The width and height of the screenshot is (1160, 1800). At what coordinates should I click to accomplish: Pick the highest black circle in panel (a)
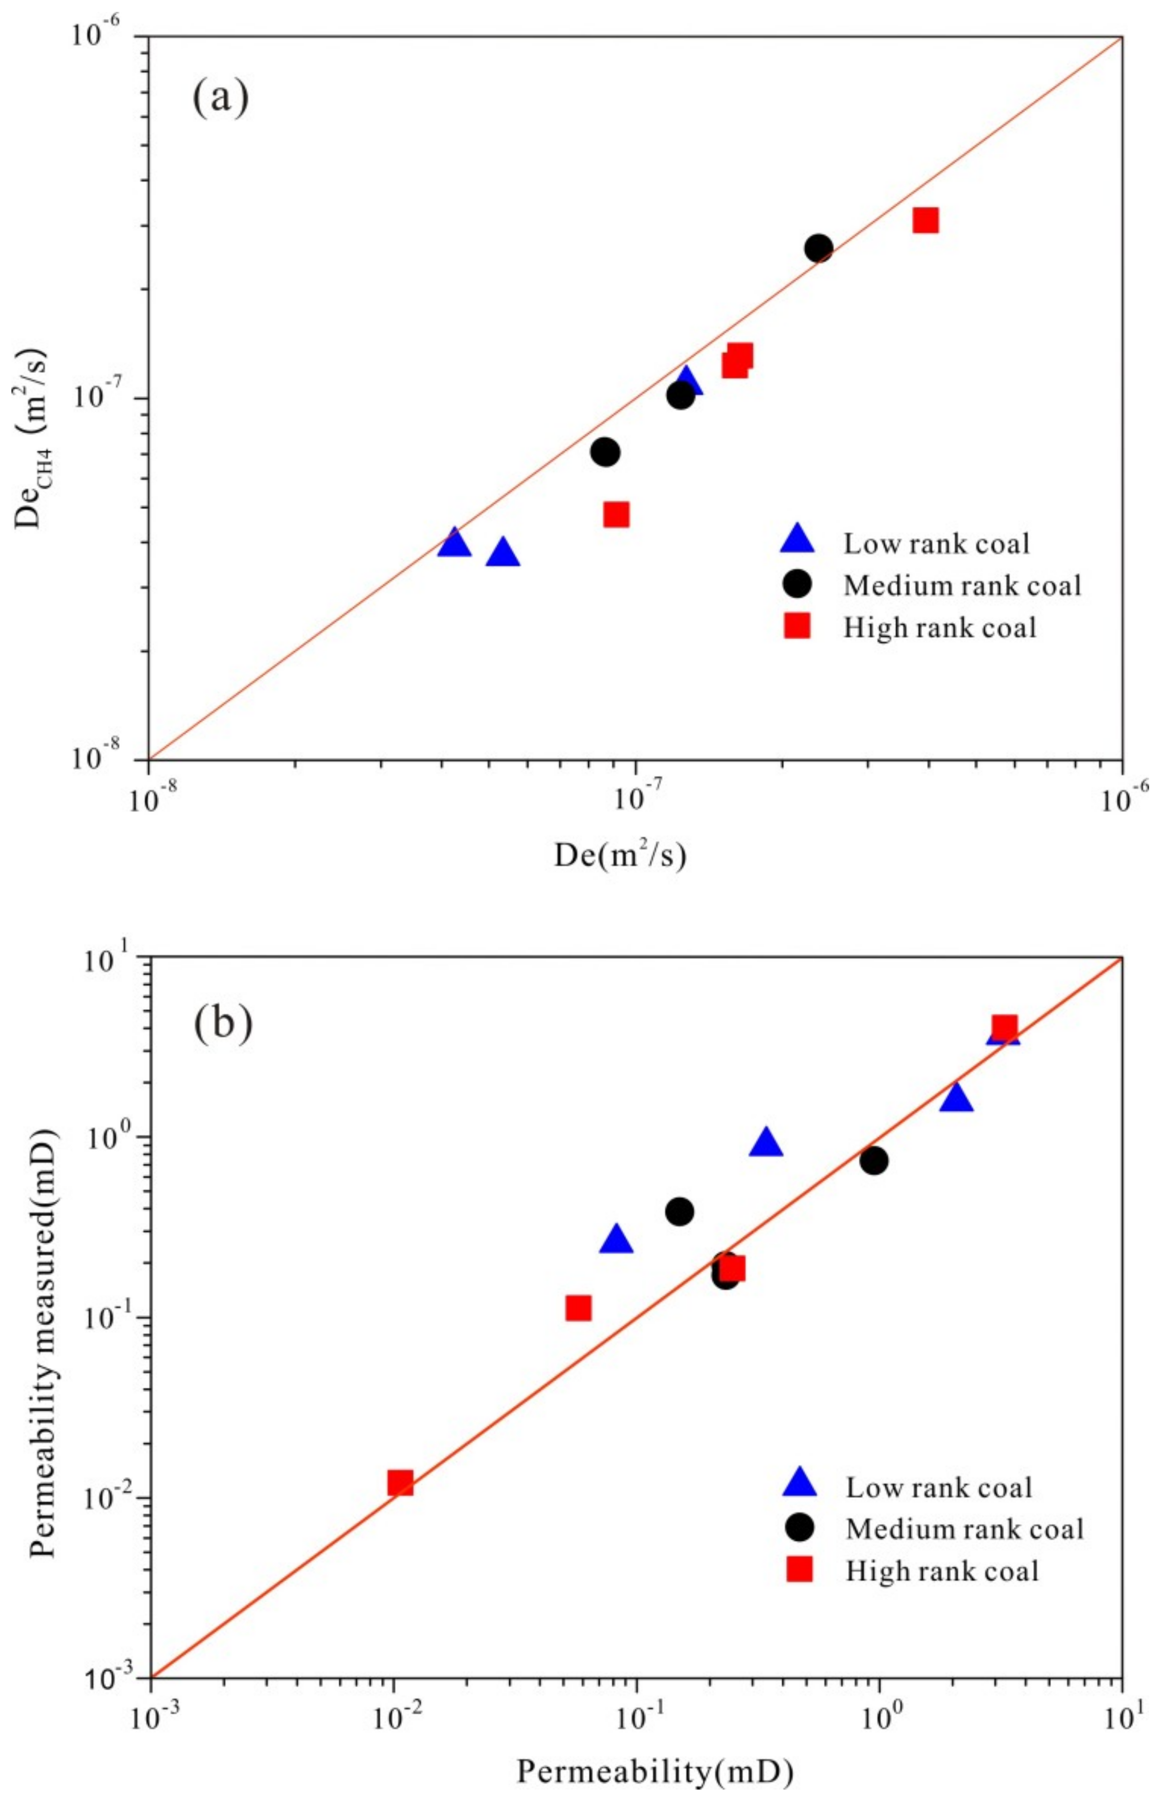(x=819, y=248)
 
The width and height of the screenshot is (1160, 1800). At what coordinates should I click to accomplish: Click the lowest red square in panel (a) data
(x=616, y=514)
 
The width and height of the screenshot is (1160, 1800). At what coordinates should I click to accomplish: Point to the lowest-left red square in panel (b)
(x=400, y=1483)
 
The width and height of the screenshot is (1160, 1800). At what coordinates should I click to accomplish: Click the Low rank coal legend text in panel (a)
(x=936, y=543)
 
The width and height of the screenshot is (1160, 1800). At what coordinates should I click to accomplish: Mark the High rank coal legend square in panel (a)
(x=797, y=626)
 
